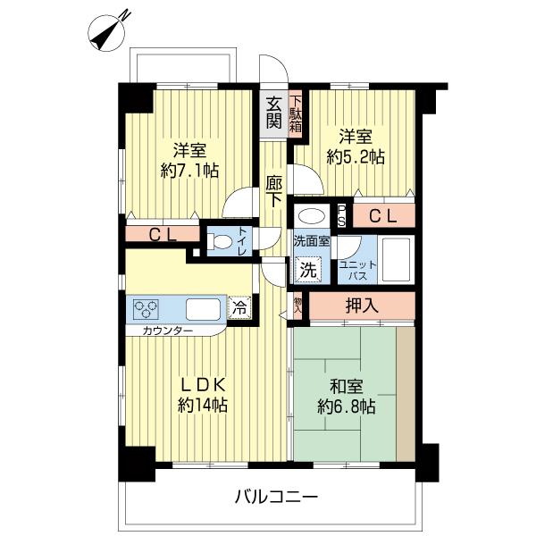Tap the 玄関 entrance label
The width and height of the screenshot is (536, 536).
(272, 112)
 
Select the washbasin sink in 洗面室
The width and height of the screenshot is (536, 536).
(310, 215)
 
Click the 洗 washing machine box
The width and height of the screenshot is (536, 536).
(306, 267)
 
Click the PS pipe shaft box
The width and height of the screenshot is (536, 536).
(341, 215)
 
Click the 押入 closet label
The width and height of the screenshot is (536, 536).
(361, 305)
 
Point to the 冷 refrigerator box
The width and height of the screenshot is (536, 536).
(239, 306)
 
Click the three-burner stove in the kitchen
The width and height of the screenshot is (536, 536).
(146, 309)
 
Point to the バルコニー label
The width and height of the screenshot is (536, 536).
(277, 496)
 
